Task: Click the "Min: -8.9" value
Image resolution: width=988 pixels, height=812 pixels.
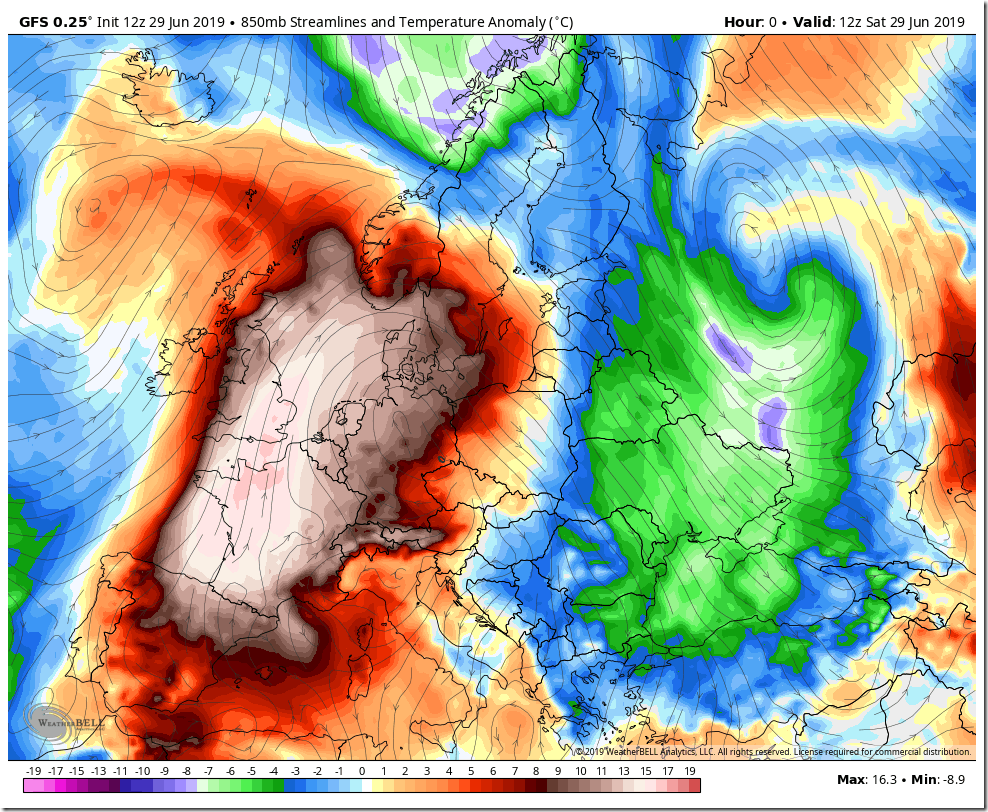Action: (938, 779)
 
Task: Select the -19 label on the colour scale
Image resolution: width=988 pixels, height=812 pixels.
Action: (33, 771)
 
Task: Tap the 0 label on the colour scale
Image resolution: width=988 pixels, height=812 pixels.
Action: (361, 771)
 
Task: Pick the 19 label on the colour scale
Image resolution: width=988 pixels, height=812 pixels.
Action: (690, 771)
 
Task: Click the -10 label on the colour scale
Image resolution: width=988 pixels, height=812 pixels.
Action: (142, 771)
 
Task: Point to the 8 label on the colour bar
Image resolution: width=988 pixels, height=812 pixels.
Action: (536, 771)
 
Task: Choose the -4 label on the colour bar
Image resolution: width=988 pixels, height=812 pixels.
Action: (273, 771)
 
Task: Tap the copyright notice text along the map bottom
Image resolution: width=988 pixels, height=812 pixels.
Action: (772, 751)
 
